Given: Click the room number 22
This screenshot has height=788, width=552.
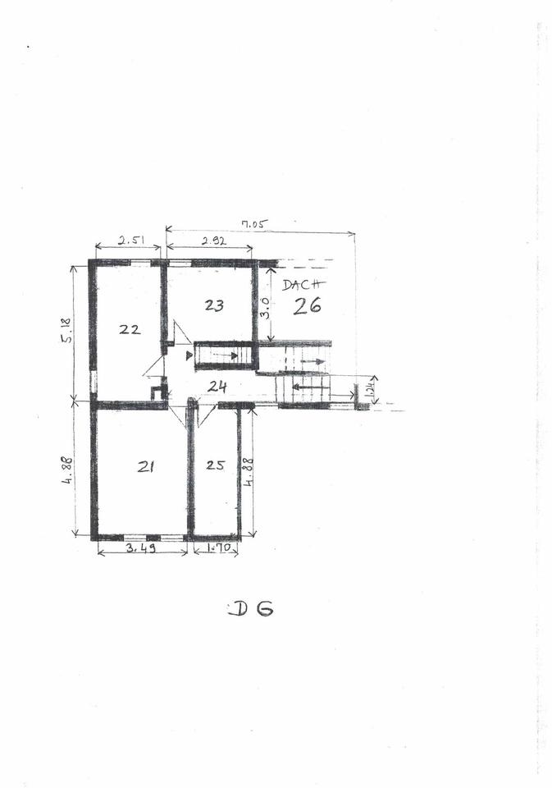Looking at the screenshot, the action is tap(130, 329).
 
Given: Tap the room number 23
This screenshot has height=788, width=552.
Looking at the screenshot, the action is tap(214, 305).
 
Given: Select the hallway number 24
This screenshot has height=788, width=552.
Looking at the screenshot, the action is tap(217, 386).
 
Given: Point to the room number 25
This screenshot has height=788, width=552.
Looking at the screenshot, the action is tap(215, 465).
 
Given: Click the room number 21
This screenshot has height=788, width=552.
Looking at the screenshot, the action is tap(146, 466).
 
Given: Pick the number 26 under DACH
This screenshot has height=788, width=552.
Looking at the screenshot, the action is tap(308, 305).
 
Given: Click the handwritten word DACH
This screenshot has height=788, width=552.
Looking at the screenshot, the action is tap(303, 286).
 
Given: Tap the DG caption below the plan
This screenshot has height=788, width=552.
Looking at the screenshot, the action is tap(250, 609).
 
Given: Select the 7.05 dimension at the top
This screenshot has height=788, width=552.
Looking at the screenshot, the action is tap(256, 222).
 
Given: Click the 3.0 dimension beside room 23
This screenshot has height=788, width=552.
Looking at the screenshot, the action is tap(265, 309).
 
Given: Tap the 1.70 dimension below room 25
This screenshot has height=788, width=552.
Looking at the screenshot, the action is tap(216, 547).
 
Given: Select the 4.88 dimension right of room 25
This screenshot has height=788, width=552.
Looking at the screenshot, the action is tap(249, 472).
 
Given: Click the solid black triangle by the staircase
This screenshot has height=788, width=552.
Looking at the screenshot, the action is tap(190, 355).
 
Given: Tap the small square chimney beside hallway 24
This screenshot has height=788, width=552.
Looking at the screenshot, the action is tap(157, 392).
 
